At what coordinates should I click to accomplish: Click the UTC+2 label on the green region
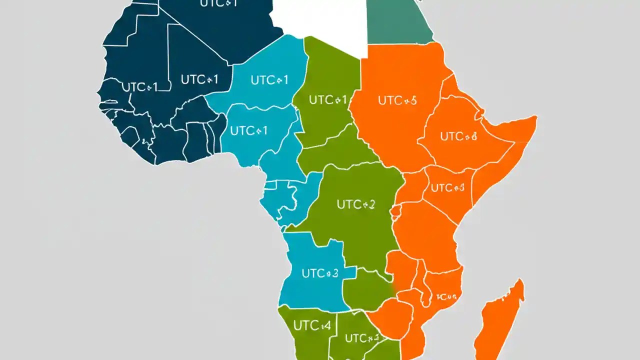point(355,204)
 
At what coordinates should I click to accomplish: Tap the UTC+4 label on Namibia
point(312,326)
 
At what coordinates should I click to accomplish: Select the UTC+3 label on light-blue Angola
point(320,273)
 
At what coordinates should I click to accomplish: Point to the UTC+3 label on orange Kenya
point(447,188)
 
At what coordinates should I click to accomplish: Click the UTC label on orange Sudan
point(397,100)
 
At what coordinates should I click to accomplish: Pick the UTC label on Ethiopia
point(458,135)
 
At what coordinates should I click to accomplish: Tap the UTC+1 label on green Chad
point(327,100)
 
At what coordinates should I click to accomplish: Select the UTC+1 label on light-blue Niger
point(269,80)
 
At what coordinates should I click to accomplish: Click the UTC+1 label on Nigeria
point(248,131)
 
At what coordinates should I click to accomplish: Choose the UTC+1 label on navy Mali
point(199,79)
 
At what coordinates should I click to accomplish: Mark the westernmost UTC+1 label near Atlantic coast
point(139,87)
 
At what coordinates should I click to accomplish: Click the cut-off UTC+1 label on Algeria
point(218,4)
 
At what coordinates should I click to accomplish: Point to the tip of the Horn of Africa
point(535,119)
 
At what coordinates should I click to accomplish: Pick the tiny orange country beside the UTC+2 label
point(396,212)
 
